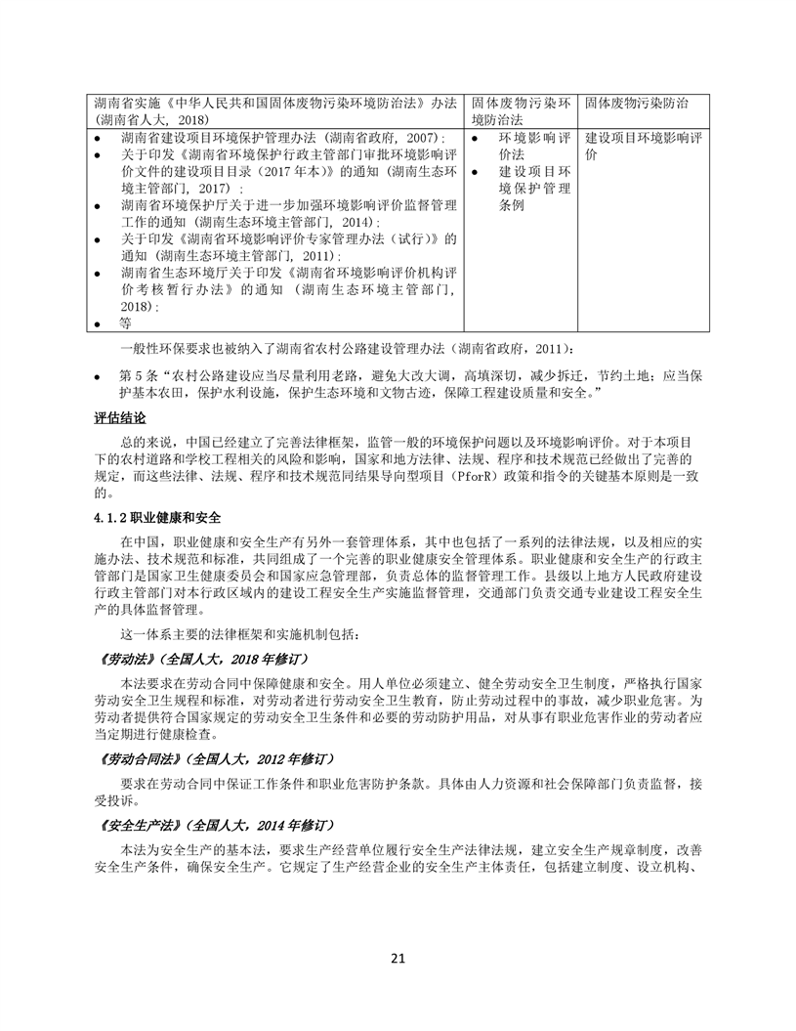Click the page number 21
point(398,957)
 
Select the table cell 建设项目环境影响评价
point(644,146)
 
